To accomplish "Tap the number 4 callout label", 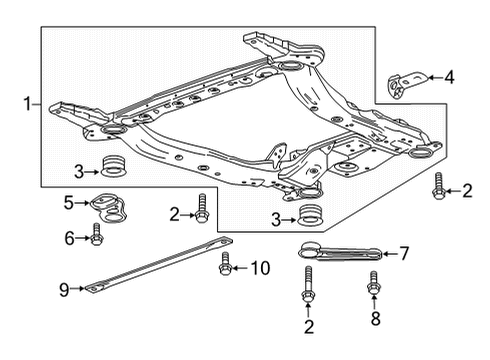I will [x=449, y=75].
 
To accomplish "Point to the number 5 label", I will [x=69, y=203].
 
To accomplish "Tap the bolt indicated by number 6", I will [x=97, y=235].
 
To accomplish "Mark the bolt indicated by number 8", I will [x=375, y=285].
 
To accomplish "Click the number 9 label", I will [x=62, y=290].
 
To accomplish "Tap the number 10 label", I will [x=260, y=267].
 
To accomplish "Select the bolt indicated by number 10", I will [x=226, y=266].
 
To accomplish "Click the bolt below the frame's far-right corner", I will [x=439, y=186].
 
